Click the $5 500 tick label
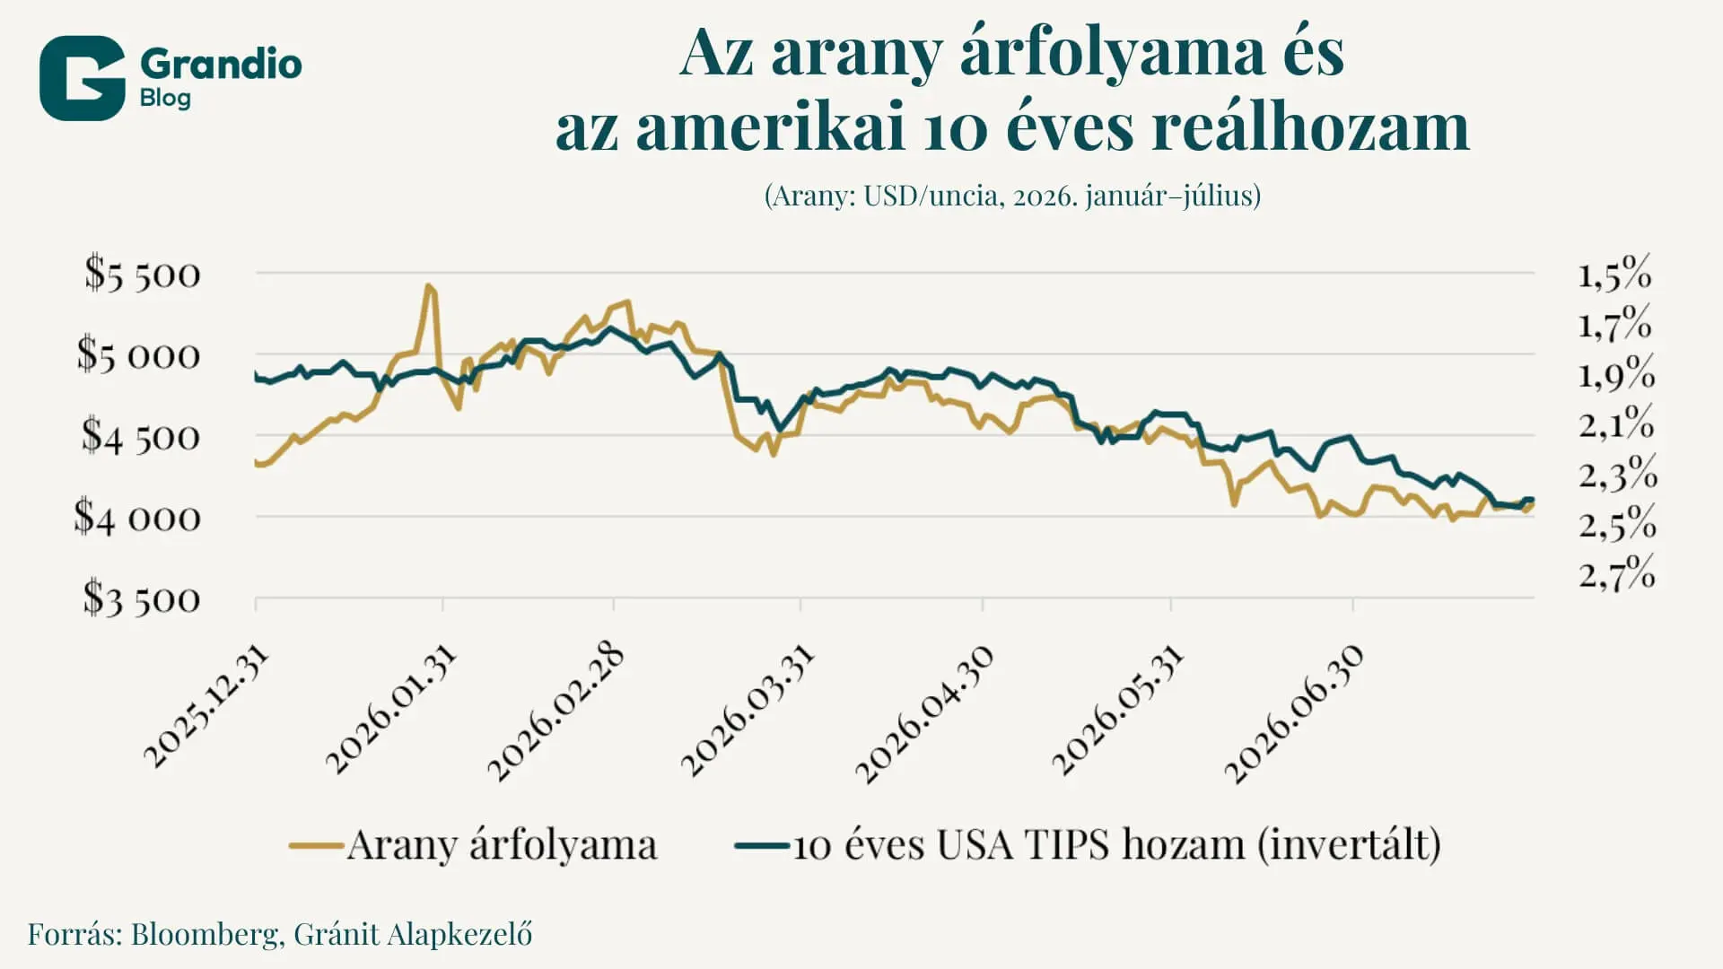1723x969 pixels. [143, 274]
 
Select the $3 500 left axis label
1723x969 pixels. [142, 598]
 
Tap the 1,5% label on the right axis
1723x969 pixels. [1615, 273]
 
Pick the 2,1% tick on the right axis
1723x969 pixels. [1616, 423]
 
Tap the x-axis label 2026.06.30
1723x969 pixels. [1294, 714]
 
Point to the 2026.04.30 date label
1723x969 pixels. [924, 714]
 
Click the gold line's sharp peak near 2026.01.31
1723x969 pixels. [429, 286]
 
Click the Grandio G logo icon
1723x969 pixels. [83, 78]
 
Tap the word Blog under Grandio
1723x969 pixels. [166, 98]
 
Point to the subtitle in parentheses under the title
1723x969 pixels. [1012, 196]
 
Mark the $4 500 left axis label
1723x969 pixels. [141, 437]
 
